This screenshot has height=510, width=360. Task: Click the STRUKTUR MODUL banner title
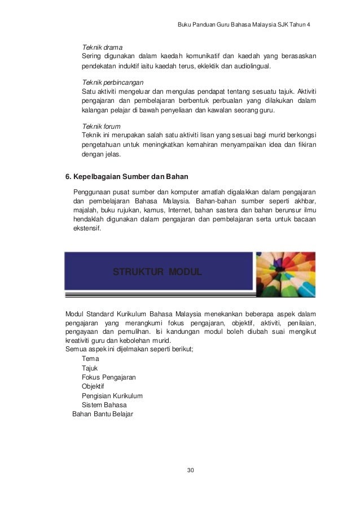click(x=157, y=272)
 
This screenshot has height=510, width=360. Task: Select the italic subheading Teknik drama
click(x=103, y=46)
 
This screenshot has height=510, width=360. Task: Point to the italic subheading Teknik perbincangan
click(x=113, y=82)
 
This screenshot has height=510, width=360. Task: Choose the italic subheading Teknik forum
click(x=102, y=126)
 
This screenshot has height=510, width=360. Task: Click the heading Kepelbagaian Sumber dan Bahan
click(x=128, y=176)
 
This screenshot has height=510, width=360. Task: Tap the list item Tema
click(x=90, y=359)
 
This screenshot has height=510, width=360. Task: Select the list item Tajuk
click(x=90, y=368)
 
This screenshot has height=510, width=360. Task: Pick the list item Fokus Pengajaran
click(x=109, y=377)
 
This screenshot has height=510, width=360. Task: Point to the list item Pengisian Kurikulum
click(x=112, y=395)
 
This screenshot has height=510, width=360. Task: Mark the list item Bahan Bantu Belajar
click(x=103, y=414)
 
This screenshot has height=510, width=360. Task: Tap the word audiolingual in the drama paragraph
click(x=251, y=66)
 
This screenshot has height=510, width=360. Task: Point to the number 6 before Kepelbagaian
click(x=68, y=176)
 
